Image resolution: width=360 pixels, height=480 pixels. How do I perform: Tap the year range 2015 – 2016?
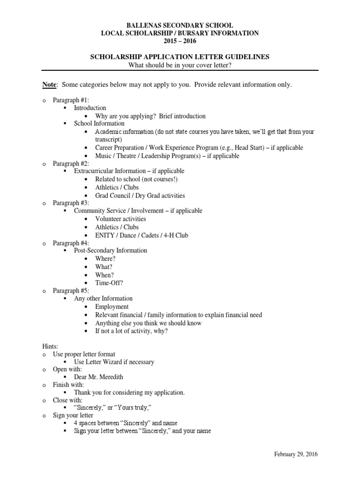point(180,41)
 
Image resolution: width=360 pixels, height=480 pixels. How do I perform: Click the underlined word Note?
point(49,84)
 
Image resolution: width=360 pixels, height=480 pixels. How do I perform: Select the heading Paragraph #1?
point(67,100)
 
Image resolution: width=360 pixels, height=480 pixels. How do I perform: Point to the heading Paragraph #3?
point(67,203)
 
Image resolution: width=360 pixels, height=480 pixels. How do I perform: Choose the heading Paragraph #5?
point(67,291)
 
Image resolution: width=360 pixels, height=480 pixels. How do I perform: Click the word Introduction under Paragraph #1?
point(90,108)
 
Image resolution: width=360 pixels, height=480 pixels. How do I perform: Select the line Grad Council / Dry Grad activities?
point(140,195)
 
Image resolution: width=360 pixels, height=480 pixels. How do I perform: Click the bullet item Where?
point(105,259)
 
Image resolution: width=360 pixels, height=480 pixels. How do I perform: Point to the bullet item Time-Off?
point(109,283)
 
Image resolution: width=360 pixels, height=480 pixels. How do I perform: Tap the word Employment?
point(112,307)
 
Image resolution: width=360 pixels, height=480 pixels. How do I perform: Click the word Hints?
point(50,346)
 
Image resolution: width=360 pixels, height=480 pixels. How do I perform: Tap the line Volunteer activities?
point(120,219)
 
